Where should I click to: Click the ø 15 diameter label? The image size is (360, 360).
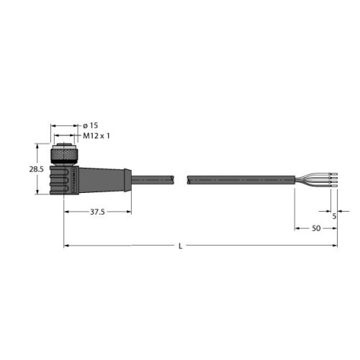coord(90,125)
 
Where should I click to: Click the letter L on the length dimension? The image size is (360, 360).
coord(180,247)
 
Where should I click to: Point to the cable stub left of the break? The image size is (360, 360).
coord(154,177)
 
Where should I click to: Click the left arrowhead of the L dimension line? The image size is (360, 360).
coord(66,246)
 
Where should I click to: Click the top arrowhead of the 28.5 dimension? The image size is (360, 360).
coord(38,147)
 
